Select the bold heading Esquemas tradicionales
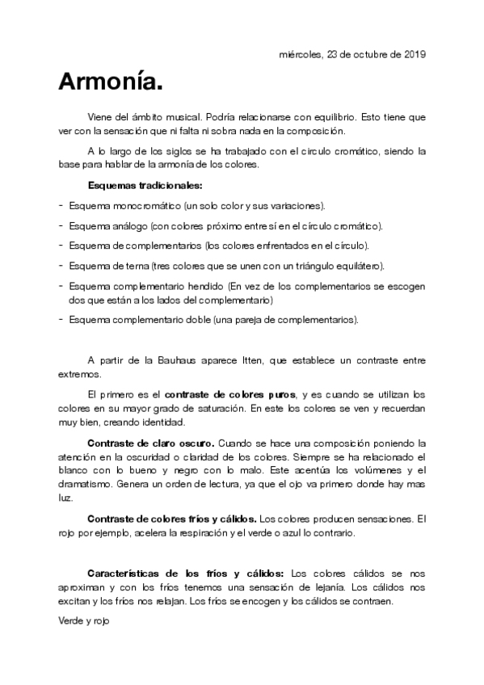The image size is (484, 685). click(145, 186)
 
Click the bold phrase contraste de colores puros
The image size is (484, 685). click(229, 395)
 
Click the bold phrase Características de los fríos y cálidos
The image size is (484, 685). click(185, 574)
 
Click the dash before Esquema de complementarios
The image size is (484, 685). click(61, 245)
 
